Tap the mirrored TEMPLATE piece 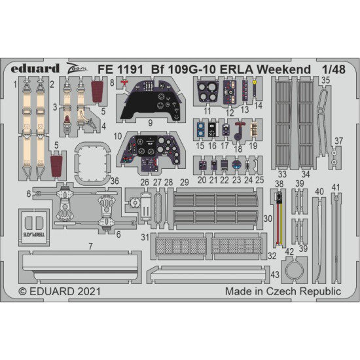(x=33, y=223)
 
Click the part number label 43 (x=276, y=274)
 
